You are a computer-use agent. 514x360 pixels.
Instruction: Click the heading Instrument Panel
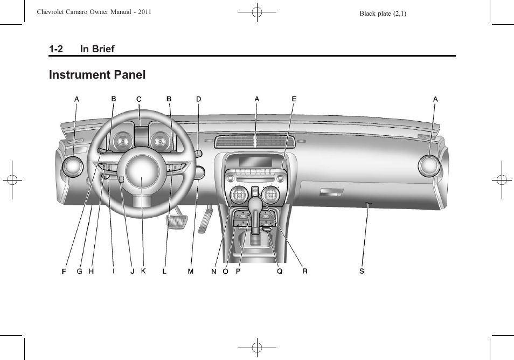[x=97, y=75]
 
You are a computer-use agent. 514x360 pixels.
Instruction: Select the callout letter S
[x=362, y=271]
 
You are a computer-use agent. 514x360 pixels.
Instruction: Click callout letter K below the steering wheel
[x=143, y=271]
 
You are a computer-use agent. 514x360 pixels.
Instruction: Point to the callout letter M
[x=190, y=271]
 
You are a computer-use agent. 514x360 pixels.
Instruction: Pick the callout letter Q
[x=280, y=271]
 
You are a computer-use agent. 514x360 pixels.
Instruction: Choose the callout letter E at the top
[x=294, y=99]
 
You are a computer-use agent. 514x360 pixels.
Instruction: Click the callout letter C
[x=138, y=99]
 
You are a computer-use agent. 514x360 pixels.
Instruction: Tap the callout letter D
[x=198, y=99]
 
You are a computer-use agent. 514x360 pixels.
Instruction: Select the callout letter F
[x=64, y=271]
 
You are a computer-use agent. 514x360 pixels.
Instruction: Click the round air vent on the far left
[x=72, y=167]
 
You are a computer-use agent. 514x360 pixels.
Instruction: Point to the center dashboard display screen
[x=256, y=161]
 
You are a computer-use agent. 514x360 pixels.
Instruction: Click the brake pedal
[x=175, y=219]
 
